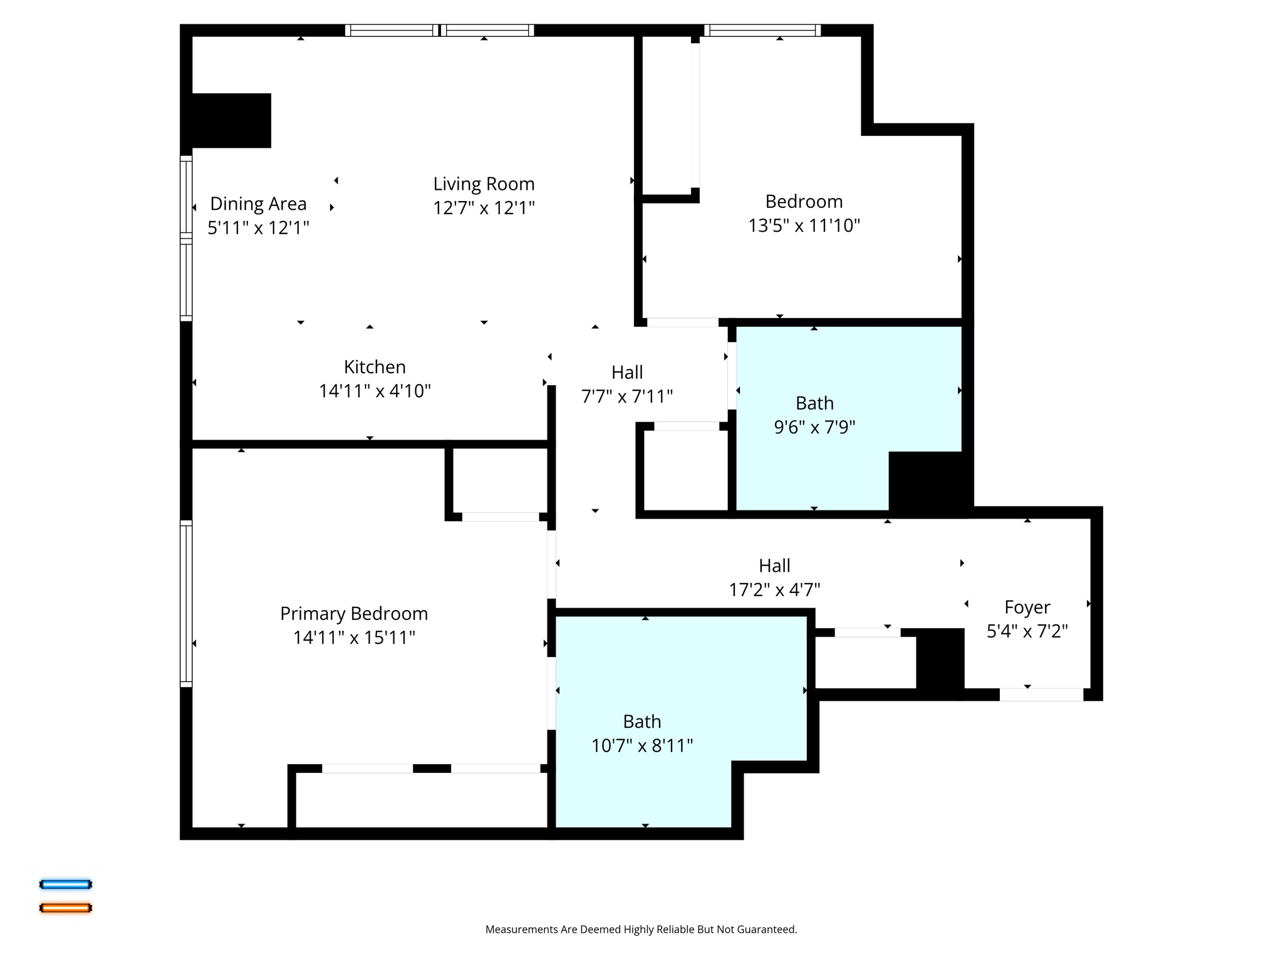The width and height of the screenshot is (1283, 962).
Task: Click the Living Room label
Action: [x=484, y=184]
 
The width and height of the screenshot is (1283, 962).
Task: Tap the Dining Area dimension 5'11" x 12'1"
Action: [x=258, y=227]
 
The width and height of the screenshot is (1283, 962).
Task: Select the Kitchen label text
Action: [x=375, y=367]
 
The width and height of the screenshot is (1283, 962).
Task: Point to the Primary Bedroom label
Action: [x=354, y=614]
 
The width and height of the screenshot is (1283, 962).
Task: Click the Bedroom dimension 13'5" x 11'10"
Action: [x=804, y=225]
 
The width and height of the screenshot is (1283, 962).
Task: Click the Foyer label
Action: [x=1027, y=608]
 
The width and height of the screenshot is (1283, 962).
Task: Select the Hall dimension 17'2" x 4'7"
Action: [x=774, y=590]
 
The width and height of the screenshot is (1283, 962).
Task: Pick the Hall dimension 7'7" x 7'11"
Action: [x=626, y=396]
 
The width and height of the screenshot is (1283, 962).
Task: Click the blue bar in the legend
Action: [x=66, y=884]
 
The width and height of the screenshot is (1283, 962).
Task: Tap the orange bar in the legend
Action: [x=66, y=908]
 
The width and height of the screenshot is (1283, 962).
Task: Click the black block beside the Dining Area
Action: [x=231, y=120]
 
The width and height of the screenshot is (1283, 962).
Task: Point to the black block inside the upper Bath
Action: [x=927, y=482]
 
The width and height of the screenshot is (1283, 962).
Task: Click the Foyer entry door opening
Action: [x=1041, y=695]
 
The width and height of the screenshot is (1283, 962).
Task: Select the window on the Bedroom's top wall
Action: [x=762, y=30]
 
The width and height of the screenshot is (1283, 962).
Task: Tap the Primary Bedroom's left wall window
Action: [x=186, y=603]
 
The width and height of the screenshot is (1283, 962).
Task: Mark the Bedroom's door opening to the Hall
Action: [x=682, y=323]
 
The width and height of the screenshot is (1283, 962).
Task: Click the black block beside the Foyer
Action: [x=940, y=661]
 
